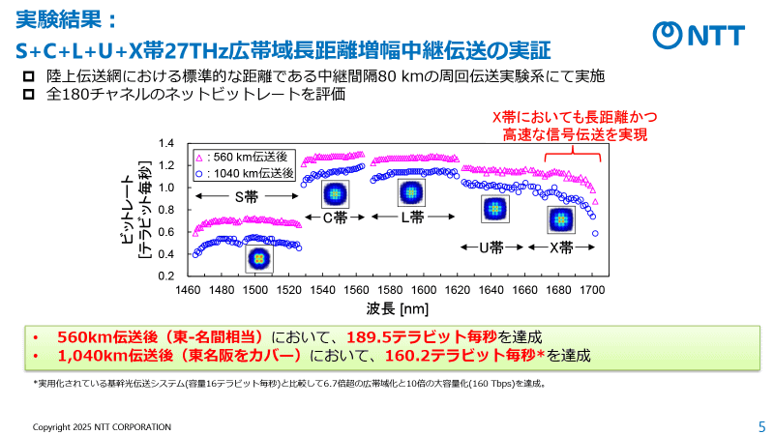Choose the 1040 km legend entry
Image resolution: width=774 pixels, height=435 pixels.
[244, 173]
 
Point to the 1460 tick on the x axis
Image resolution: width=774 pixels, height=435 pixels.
[188, 289]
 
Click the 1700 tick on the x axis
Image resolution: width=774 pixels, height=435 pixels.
[591, 289]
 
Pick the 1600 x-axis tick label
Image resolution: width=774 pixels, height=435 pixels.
[423, 289]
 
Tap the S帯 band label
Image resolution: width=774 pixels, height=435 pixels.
[246, 196]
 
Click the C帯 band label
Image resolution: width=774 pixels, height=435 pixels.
[333, 217]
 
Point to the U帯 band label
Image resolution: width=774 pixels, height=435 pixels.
[491, 246]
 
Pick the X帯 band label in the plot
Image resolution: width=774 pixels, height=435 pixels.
[561, 246]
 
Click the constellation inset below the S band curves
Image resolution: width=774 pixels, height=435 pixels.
[258, 259]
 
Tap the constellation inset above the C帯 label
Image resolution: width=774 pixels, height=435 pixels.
[333, 191]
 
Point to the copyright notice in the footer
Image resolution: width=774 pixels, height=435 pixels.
[102, 426]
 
